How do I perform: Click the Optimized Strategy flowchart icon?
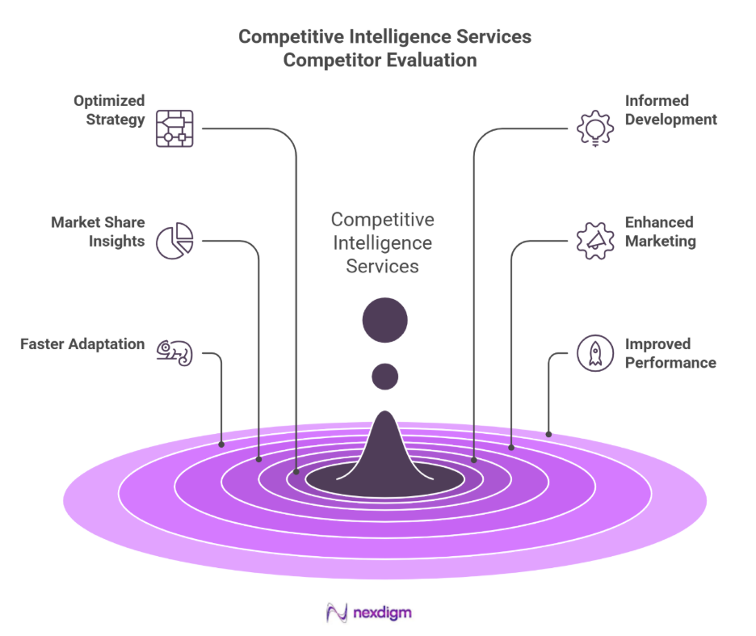click(174, 128)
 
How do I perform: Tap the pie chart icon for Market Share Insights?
click(174, 240)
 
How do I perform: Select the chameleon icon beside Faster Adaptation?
click(174, 352)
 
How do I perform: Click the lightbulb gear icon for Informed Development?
click(595, 128)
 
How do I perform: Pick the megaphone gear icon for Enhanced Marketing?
click(595, 240)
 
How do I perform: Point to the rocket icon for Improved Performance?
click(595, 353)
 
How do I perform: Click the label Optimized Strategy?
click(109, 110)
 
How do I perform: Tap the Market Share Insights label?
click(98, 231)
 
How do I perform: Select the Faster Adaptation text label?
click(82, 344)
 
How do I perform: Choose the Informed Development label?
click(670, 110)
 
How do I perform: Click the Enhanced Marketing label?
click(660, 231)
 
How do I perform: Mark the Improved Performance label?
click(670, 353)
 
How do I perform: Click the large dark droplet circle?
click(384, 321)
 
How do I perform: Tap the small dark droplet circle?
click(384, 376)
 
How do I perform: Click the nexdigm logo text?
click(382, 613)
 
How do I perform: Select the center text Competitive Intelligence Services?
click(383, 242)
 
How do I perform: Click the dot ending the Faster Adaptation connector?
click(221, 444)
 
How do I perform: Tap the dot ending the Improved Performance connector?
click(549, 434)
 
